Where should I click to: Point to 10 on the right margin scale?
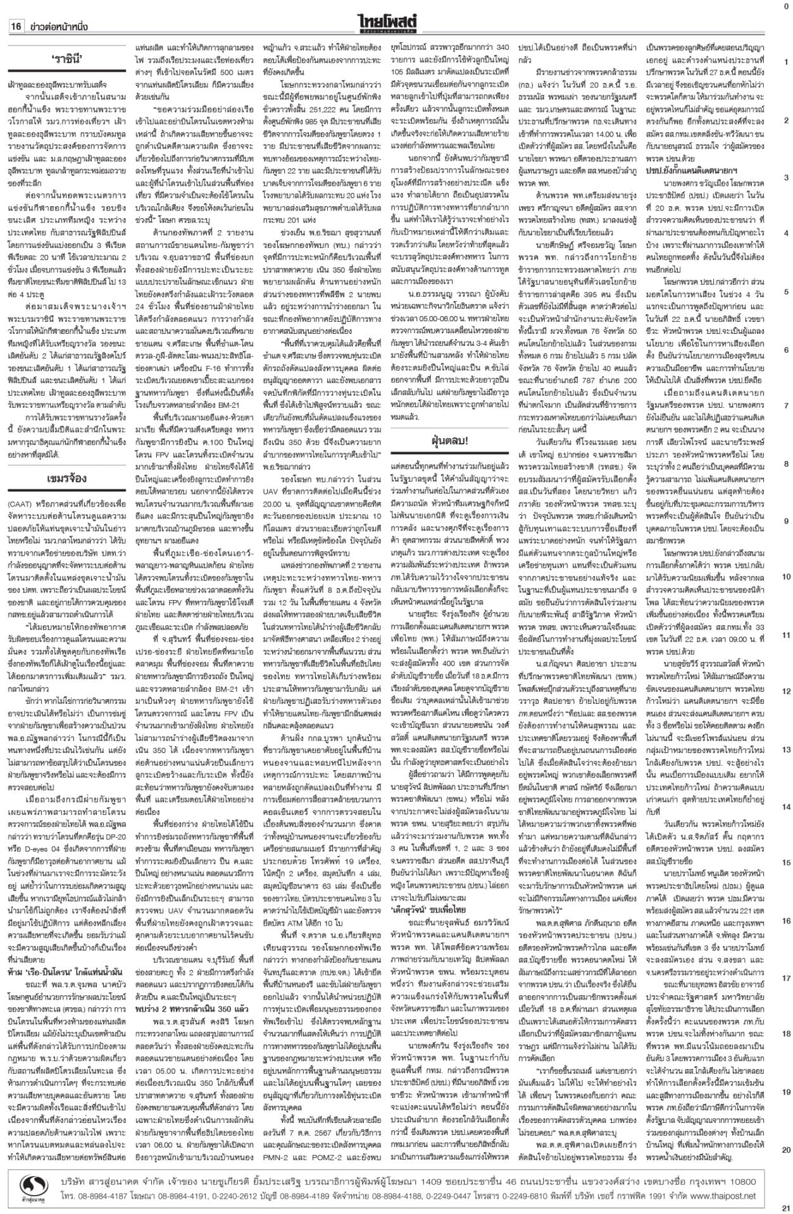pyautogui.click(x=785, y=577)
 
